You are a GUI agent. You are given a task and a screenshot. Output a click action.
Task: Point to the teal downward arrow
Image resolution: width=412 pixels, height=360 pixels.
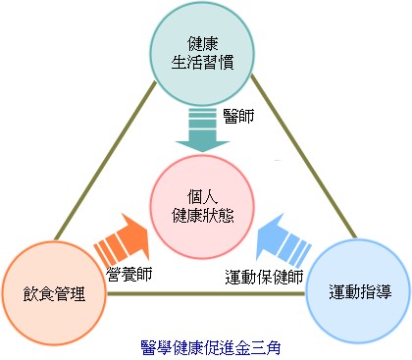point(206,130)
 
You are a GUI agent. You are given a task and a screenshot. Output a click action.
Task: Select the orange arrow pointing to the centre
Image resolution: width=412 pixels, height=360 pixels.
point(119,234)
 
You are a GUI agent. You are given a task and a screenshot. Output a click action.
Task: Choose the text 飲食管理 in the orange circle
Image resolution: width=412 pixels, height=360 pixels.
point(53,292)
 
